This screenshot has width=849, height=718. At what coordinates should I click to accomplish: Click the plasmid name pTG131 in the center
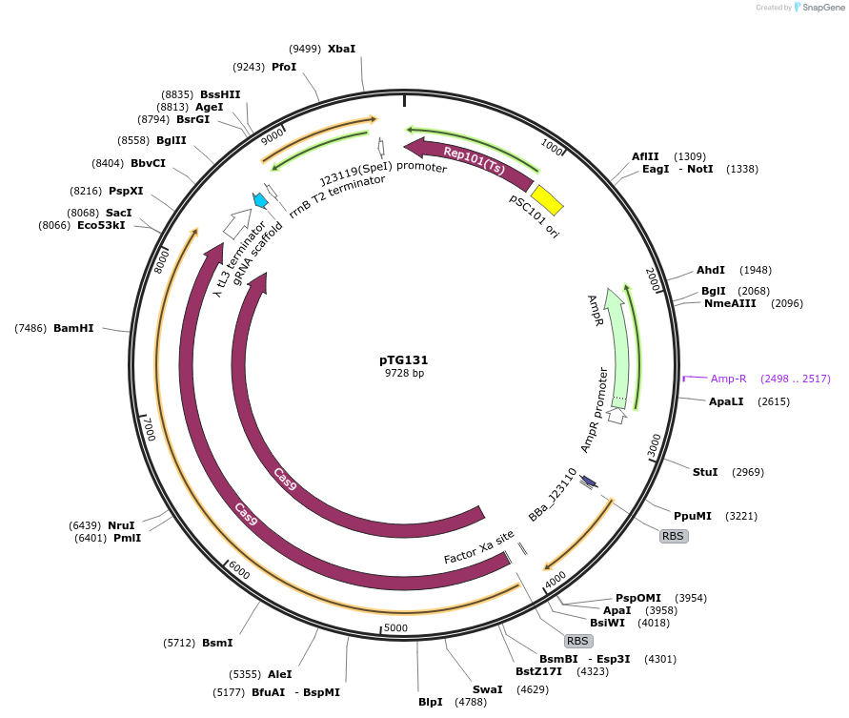(x=403, y=360)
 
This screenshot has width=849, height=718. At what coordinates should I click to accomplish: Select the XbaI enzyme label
(x=341, y=48)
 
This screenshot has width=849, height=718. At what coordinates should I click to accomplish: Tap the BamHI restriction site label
(x=73, y=328)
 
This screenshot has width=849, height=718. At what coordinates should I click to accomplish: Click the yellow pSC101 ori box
(x=547, y=199)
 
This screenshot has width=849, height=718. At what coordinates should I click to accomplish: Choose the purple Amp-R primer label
(x=729, y=379)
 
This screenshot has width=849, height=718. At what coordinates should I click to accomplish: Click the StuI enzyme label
(x=705, y=472)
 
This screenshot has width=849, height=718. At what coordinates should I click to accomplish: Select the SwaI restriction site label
(x=487, y=688)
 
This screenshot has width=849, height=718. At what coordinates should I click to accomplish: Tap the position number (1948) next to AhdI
(x=755, y=270)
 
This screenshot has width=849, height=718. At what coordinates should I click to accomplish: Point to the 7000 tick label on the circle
(x=148, y=428)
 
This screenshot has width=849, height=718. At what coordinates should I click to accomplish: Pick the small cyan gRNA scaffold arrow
(x=259, y=200)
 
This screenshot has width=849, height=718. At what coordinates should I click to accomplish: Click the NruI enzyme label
(x=121, y=525)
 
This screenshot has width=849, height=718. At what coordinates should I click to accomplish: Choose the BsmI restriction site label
(x=217, y=643)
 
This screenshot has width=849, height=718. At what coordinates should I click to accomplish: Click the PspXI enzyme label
(x=126, y=191)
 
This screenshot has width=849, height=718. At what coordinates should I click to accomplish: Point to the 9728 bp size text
(x=404, y=374)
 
